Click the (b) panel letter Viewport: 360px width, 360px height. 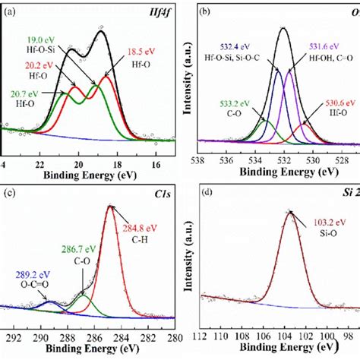pyautogui.click(x=204, y=12)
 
